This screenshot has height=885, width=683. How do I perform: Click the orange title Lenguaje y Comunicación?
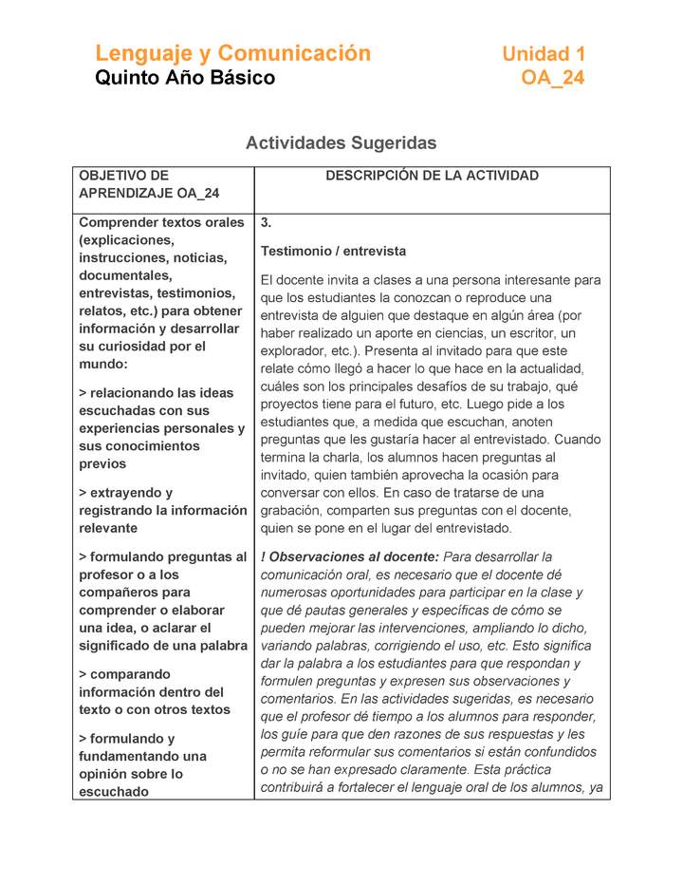click(232, 53)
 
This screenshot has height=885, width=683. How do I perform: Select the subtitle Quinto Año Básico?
click(185, 78)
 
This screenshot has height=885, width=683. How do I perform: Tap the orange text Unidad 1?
click(543, 54)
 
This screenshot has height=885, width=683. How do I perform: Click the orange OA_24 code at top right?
click(552, 78)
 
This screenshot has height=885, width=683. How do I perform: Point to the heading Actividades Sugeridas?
click(341, 143)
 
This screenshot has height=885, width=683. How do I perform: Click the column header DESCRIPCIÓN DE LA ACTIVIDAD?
click(432, 176)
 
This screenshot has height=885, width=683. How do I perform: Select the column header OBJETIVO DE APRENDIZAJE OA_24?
click(149, 184)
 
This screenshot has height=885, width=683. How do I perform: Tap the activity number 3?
click(267, 223)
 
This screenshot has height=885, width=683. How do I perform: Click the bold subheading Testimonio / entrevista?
click(333, 252)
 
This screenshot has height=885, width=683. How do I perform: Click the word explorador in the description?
click(295, 350)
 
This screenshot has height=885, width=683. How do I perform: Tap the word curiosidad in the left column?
click(126, 347)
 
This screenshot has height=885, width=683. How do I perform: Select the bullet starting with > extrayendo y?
click(161, 510)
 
